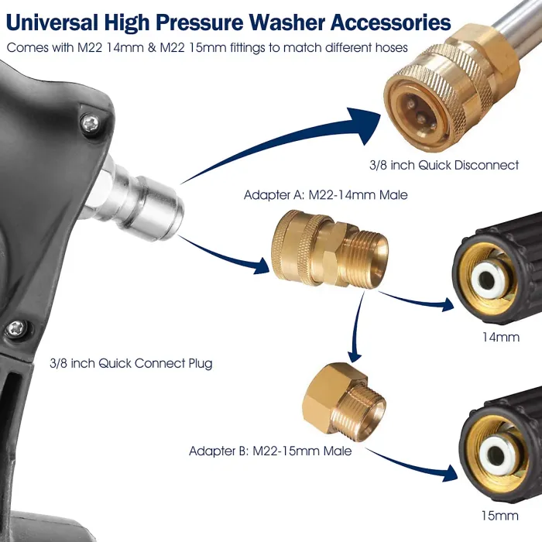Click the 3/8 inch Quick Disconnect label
click(444, 166)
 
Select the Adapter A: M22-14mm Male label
click(325, 195)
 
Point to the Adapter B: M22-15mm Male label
click(270, 451)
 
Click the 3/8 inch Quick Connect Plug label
click(130, 362)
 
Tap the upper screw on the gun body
click(91, 121)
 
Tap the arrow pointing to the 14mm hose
click(418, 300)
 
